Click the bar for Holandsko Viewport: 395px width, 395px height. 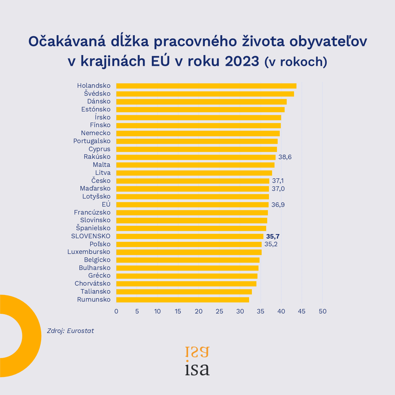click(206, 86)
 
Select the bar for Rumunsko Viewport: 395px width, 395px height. click(183, 300)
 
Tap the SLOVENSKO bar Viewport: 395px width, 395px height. click(189, 236)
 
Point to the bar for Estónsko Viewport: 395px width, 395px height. click(200, 109)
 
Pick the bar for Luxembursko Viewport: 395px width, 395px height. click(189, 252)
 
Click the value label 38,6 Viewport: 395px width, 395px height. click(285, 157)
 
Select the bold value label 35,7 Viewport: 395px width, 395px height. click(273, 237)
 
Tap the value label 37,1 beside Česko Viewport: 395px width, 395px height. click(278, 181)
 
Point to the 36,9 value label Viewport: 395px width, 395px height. click(278, 205)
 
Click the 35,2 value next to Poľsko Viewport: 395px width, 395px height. click(271, 244)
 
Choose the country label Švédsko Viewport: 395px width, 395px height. click(97, 93)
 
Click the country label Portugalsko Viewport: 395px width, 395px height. click(92, 141)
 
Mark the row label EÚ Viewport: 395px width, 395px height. click(106, 204)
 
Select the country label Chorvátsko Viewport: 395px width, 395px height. click(93, 284)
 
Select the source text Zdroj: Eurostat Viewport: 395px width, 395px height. click(70, 331)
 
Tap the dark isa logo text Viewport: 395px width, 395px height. click(197, 370)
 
